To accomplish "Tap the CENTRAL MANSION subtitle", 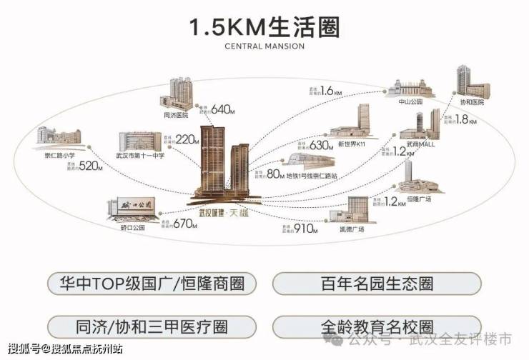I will pos(264,47).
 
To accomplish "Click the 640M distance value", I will pos(222,109).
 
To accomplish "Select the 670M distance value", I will pos(184,224).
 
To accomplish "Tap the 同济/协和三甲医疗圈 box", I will pos(152,326).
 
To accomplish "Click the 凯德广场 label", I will pos(351,229).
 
